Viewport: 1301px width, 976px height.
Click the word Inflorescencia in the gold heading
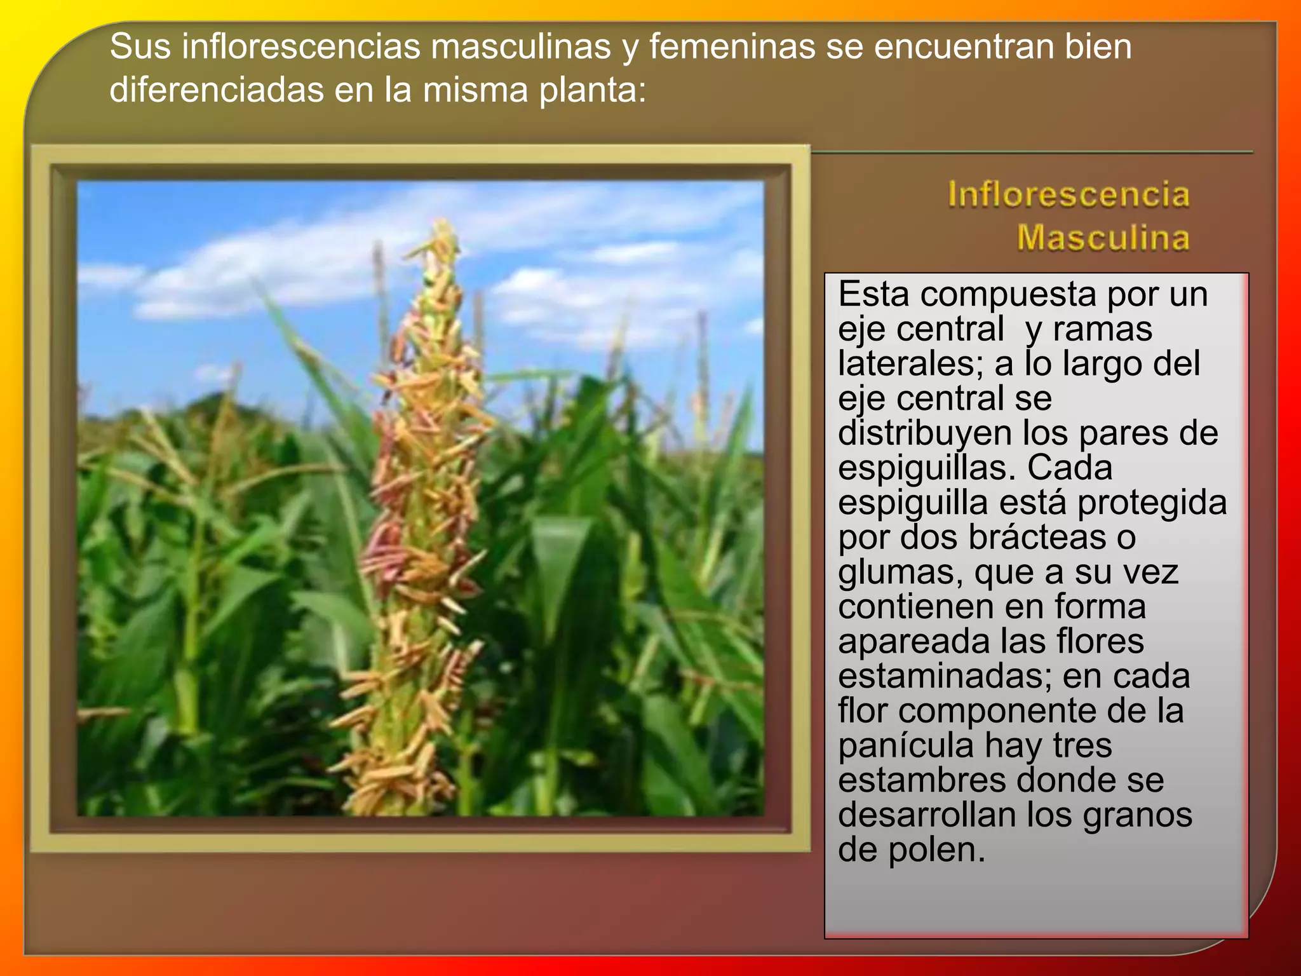tap(1068, 194)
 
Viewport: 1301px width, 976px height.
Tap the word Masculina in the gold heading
tap(1103, 238)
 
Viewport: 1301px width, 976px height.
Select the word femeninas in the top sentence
tap(732, 47)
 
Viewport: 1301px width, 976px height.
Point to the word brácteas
tap(1037, 538)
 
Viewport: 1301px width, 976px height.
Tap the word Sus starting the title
tap(140, 47)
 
